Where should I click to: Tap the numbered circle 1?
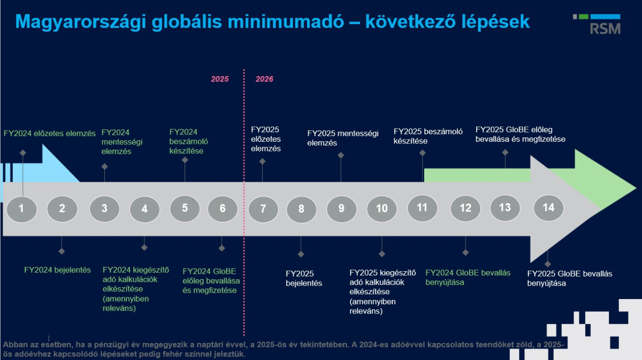point(21,209)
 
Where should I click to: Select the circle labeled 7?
point(263,209)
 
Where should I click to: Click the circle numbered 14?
point(548,208)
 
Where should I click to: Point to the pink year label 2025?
point(219,79)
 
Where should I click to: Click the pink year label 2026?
point(264,79)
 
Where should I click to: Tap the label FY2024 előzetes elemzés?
point(49,133)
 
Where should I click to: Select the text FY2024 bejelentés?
point(57,270)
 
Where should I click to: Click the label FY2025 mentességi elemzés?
point(343,138)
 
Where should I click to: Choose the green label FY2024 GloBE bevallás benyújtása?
point(468,278)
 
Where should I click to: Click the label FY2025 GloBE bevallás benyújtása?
point(570,279)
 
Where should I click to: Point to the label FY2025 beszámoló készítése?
point(428,136)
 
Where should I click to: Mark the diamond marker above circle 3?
point(104,166)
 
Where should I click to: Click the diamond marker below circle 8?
point(301,254)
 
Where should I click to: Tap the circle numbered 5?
point(185,208)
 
